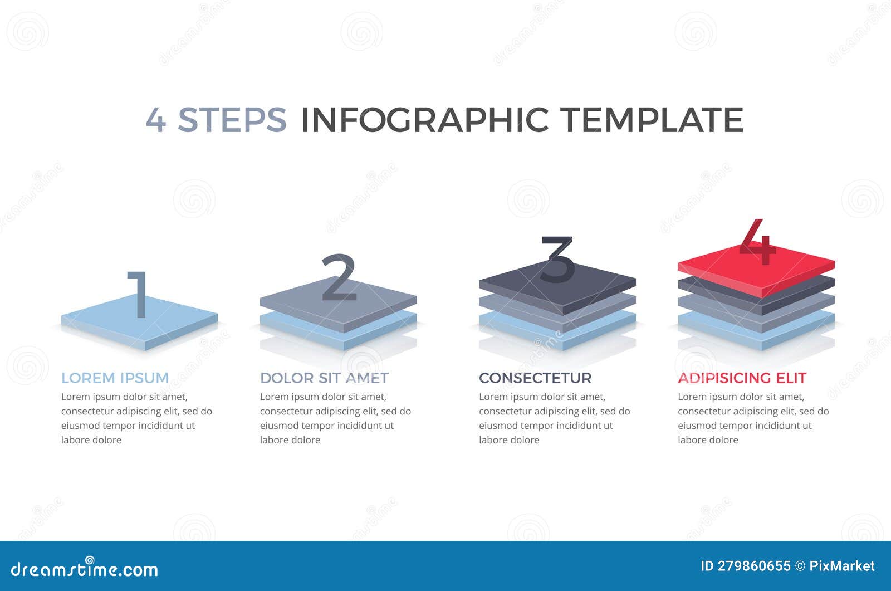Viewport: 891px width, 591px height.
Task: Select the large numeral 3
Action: [557, 259]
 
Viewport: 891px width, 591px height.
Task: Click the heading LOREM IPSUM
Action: [115, 378]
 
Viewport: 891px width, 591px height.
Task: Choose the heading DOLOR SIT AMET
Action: [324, 378]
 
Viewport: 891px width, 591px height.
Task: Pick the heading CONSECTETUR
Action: [535, 378]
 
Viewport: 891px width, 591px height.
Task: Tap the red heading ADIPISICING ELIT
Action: [742, 378]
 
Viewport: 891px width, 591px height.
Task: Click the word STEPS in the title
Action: [232, 119]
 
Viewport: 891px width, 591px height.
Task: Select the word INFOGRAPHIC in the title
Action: [424, 119]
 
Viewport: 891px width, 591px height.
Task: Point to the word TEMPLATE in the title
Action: [652, 119]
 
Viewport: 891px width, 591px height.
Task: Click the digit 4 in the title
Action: [155, 119]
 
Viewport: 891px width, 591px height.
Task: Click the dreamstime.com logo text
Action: [85, 569]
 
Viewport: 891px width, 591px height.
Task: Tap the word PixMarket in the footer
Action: [841, 566]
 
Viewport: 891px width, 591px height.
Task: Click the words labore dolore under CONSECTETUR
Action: [509, 440]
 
